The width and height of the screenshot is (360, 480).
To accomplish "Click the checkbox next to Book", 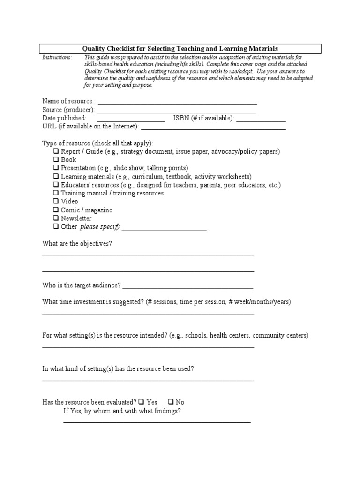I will click(x=56, y=160).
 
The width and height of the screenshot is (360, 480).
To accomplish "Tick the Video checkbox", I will click(x=56, y=202).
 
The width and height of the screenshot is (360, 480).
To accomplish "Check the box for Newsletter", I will click(x=56, y=218).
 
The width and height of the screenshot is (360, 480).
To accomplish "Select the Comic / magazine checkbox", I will click(x=56, y=210).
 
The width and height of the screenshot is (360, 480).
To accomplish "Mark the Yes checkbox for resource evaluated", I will click(x=141, y=402).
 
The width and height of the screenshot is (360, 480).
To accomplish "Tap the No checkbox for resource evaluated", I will click(x=171, y=402).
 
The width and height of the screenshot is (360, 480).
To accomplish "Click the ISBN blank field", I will click(x=261, y=120).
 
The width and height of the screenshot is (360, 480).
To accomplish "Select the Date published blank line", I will click(x=131, y=120).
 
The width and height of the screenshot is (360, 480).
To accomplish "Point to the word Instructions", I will click(x=57, y=57).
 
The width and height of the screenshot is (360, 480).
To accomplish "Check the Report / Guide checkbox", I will click(x=56, y=151).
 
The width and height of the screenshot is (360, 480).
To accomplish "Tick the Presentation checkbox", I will click(x=56, y=168).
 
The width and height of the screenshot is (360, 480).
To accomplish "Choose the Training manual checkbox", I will click(x=56, y=193).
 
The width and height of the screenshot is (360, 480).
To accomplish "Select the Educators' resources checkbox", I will click(x=56, y=185).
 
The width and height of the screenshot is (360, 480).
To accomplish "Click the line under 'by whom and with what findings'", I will click(x=157, y=422).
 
